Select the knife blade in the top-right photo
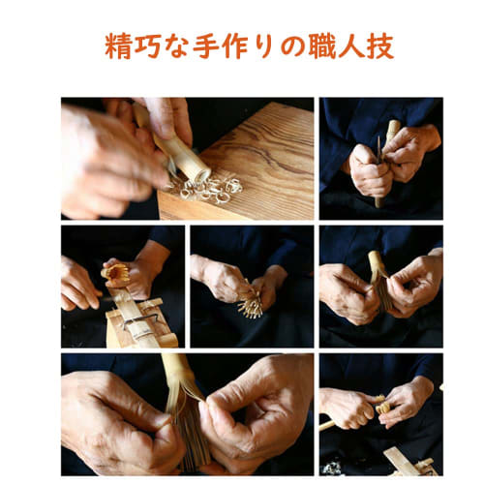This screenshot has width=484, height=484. click(378, 153)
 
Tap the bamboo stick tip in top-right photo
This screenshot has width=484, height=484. click(393, 127)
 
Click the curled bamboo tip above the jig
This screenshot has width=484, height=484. click(118, 275)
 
